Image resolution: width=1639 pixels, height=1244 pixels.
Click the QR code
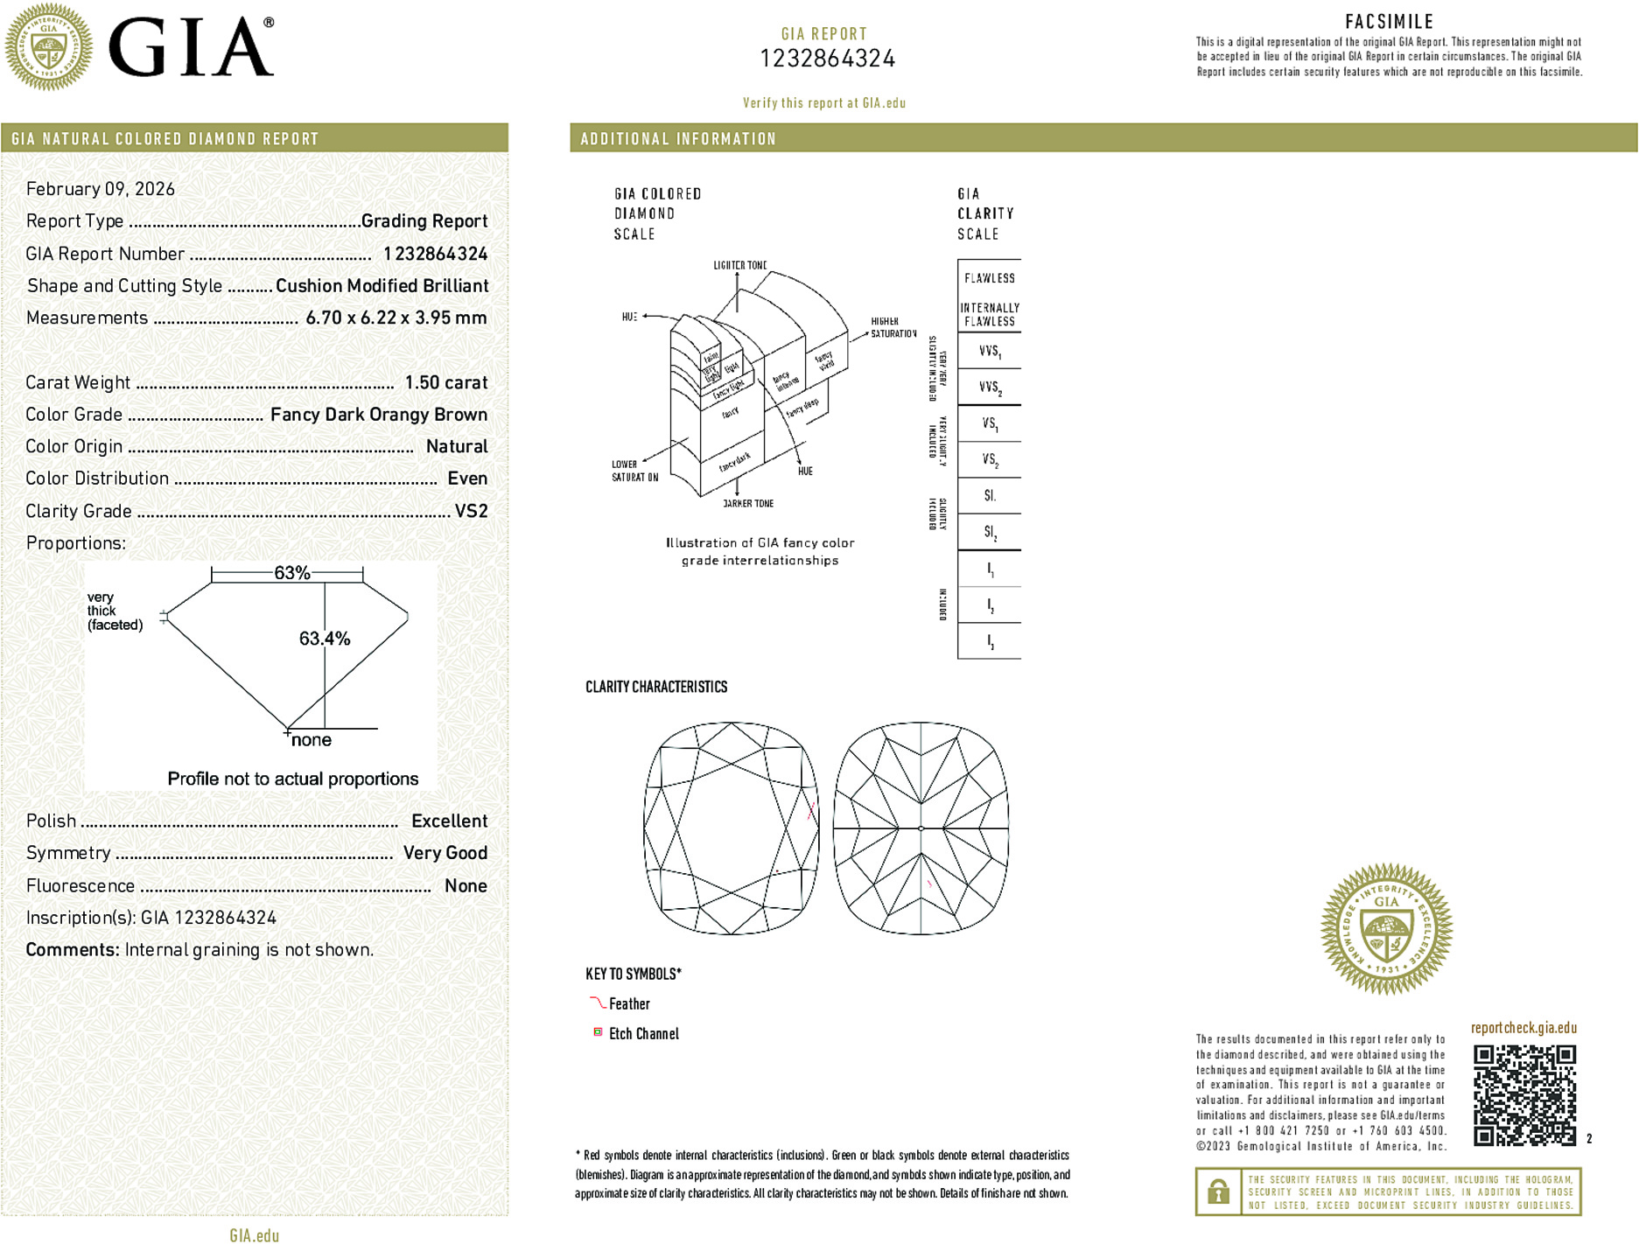tap(1524, 1094)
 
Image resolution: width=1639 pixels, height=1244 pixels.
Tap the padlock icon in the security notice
tap(1217, 1192)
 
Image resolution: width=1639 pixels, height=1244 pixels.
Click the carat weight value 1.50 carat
tap(445, 382)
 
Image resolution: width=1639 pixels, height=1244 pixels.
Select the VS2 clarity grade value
tap(471, 511)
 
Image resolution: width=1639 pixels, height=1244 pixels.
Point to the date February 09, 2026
tap(101, 189)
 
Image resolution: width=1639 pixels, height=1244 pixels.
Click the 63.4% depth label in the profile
tap(325, 639)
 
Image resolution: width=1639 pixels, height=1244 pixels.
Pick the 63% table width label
tap(291, 573)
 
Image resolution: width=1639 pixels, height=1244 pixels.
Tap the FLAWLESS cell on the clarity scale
tap(989, 278)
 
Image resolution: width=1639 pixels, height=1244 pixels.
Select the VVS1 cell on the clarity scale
tap(990, 352)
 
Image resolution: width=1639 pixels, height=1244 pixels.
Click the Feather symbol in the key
tap(598, 1003)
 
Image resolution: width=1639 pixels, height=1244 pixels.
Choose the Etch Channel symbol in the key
tap(598, 1032)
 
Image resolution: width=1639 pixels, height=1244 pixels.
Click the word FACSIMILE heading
tap(1389, 22)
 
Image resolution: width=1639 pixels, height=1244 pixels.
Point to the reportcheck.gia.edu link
tap(1523, 1028)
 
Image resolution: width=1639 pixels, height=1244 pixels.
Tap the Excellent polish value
tap(449, 821)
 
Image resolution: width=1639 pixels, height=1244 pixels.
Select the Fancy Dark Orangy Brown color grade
tap(379, 415)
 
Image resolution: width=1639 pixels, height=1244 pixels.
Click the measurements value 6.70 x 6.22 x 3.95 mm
tap(396, 318)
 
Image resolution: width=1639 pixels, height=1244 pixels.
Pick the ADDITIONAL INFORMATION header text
tap(678, 139)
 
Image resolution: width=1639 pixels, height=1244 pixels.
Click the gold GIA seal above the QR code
tap(1386, 928)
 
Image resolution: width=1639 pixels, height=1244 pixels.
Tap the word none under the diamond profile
tap(312, 740)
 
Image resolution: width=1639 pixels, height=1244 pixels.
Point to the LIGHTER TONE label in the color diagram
tap(739, 265)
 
